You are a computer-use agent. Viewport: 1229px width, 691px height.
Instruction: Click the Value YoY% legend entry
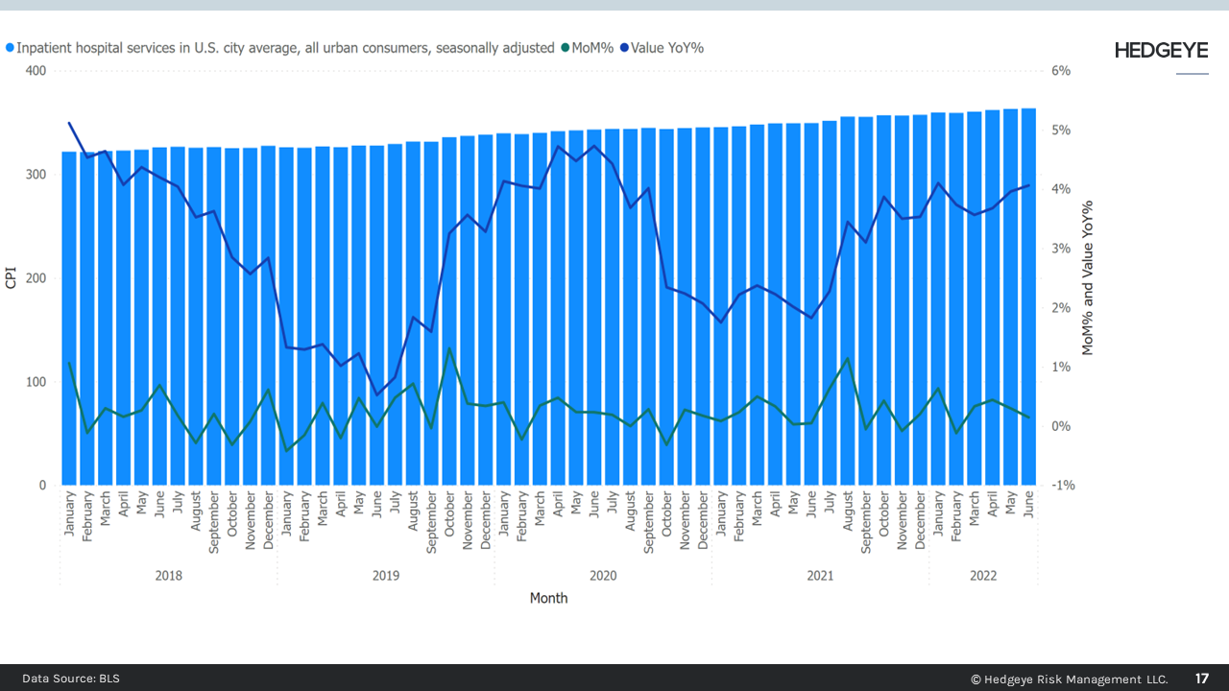(666, 47)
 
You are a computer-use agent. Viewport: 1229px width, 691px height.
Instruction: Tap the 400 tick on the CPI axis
(35, 71)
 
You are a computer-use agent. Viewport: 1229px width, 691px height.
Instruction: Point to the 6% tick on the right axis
(1060, 71)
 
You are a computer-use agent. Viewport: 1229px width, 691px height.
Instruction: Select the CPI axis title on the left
(12, 278)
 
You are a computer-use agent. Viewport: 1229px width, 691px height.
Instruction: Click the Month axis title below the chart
(548, 598)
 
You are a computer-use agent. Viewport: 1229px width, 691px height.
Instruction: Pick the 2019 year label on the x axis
(386, 576)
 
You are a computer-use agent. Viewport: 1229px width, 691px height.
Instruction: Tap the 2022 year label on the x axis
(983, 576)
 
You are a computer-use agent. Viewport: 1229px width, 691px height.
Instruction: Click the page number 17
(1202, 679)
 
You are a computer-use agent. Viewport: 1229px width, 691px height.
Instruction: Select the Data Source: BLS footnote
(71, 679)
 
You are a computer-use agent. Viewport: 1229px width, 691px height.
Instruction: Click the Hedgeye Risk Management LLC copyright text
(1069, 679)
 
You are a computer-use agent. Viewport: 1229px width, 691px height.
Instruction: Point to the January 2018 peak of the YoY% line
(69, 123)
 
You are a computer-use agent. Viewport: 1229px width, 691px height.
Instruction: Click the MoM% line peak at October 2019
(449, 348)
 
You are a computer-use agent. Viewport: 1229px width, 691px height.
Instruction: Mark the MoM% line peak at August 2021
(848, 358)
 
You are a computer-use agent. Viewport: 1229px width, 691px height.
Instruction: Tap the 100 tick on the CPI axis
(35, 382)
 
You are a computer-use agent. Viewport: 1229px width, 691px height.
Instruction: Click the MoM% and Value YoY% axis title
(1088, 278)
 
